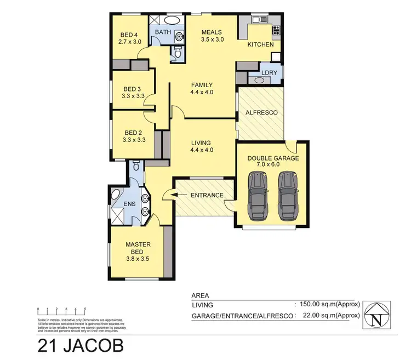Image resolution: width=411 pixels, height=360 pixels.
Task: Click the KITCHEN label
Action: pyautogui.click(x=260, y=44)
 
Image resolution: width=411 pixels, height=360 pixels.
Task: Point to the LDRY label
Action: pyautogui.click(x=269, y=72)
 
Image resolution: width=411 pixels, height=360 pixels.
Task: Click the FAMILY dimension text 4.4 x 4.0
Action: pyautogui.click(x=201, y=92)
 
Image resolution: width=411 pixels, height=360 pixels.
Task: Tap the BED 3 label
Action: pyautogui.click(x=133, y=89)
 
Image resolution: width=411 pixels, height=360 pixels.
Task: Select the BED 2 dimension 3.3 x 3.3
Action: pyautogui.click(x=134, y=140)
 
